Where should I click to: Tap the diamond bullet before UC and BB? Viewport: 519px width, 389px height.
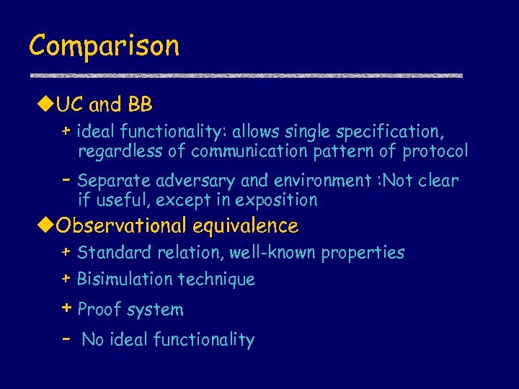click(47, 105)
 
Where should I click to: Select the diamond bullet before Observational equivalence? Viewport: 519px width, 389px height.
click(47, 226)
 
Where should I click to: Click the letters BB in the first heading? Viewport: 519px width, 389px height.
click(140, 105)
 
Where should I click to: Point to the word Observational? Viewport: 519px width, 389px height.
click(122, 226)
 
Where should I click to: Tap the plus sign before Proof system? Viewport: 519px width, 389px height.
click(66, 308)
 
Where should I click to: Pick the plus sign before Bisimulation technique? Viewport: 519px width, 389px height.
click(66, 278)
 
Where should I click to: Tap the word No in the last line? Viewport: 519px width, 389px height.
click(93, 340)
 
